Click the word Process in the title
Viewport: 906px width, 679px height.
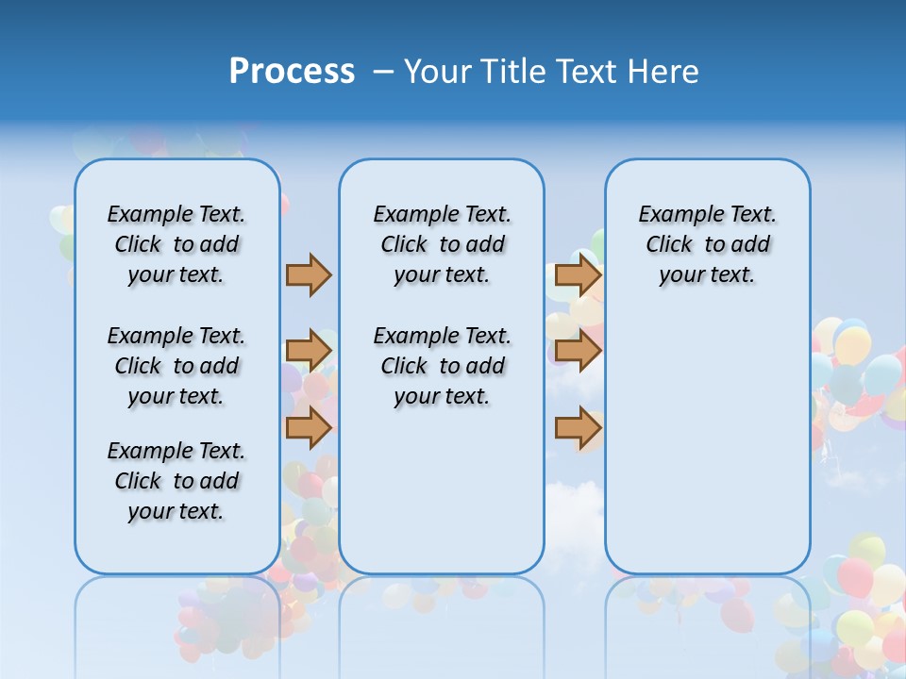pyautogui.click(x=292, y=72)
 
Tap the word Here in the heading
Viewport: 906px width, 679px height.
pyautogui.click(x=660, y=72)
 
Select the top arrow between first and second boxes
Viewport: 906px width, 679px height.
pyautogui.click(x=309, y=275)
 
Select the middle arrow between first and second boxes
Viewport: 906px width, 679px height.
pyautogui.click(x=309, y=352)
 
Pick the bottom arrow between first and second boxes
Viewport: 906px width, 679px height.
pyautogui.click(x=309, y=427)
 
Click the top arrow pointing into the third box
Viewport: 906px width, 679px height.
pyautogui.click(x=578, y=275)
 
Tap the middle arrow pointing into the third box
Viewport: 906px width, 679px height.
pyautogui.click(x=578, y=352)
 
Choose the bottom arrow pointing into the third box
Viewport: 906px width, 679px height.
pyautogui.click(x=578, y=427)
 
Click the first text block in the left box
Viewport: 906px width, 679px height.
pyautogui.click(x=176, y=244)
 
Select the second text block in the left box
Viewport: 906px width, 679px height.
pyautogui.click(x=176, y=366)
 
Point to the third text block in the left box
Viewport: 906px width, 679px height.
pyautogui.click(x=176, y=481)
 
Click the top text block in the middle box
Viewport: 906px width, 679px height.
pyautogui.click(x=442, y=244)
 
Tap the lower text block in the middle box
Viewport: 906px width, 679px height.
pyautogui.click(x=442, y=366)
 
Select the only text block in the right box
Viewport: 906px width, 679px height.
pyautogui.click(x=708, y=244)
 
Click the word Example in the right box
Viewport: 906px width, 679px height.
pyautogui.click(x=673, y=214)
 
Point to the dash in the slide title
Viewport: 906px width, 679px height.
pyautogui.click(x=383, y=72)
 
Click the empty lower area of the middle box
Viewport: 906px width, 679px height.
pyautogui.click(x=442, y=490)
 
